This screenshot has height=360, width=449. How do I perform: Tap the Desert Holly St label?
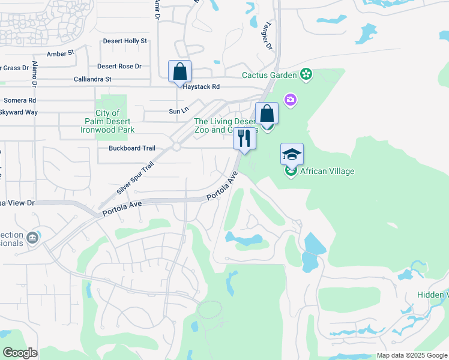(x=125, y=41)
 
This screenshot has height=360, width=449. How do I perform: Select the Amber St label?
(x=60, y=53)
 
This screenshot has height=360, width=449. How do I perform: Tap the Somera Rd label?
(x=20, y=100)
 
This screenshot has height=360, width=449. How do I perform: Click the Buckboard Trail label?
(x=132, y=148)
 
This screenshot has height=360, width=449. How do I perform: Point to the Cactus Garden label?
(x=270, y=75)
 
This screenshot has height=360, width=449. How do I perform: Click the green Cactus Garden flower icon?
(x=307, y=74)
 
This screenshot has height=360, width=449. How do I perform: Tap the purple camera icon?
(x=291, y=100)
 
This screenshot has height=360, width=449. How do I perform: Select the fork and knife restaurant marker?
(x=244, y=139)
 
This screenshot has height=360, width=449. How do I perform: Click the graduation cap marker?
(x=292, y=154)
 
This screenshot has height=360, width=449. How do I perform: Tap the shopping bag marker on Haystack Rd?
(x=179, y=71)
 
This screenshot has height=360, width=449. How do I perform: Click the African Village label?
(x=327, y=171)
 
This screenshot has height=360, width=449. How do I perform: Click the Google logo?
(x=19, y=353)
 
